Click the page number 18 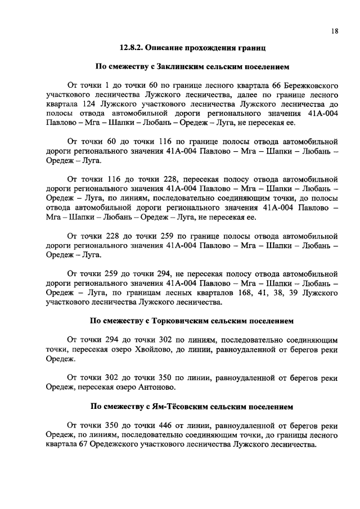click(x=334, y=32)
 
